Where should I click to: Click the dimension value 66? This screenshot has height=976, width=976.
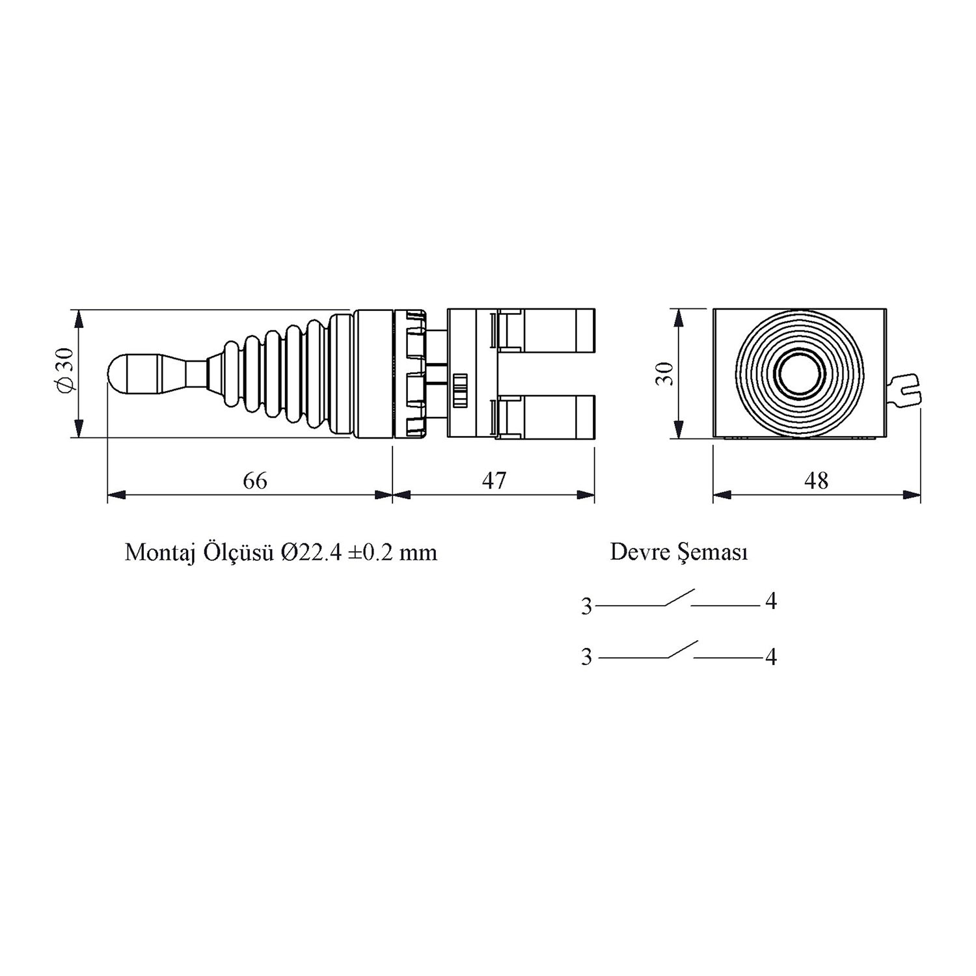255,481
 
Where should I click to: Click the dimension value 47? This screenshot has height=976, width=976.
494,481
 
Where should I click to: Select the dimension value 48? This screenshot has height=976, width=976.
817,481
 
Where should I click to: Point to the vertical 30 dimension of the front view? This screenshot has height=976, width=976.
664,374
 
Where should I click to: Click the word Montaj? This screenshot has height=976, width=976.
160,552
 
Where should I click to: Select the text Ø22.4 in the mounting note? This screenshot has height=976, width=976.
311,552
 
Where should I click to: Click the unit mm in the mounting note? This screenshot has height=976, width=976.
418,554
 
